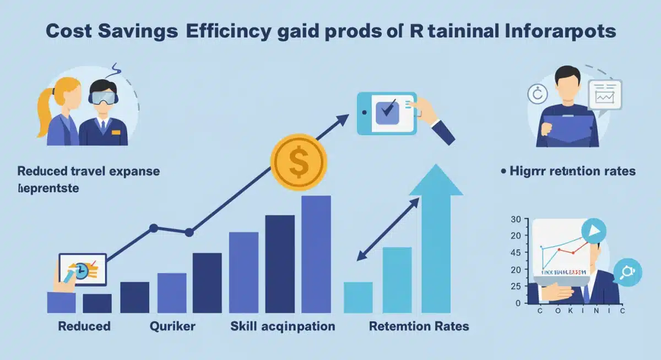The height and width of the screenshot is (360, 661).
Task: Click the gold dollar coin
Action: [298, 162]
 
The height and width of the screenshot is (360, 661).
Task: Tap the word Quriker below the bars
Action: [172, 326]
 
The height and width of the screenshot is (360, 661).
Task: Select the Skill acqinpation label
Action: [282, 326]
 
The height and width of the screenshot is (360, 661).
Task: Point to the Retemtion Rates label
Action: [419, 326]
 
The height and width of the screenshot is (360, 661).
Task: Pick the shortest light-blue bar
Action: [358, 297]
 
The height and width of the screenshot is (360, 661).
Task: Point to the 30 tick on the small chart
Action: [516, 220]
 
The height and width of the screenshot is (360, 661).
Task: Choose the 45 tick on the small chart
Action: [516, 253]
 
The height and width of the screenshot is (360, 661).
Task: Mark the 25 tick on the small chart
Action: [516, 286]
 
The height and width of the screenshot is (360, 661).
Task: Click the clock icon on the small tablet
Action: [80, 270]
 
